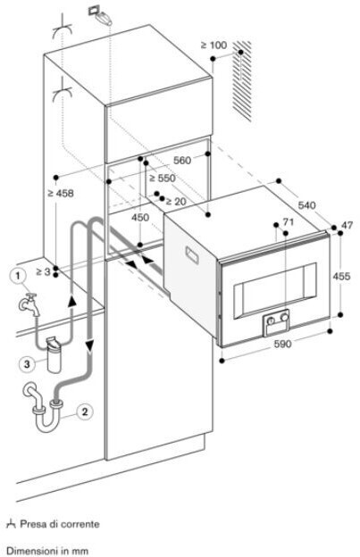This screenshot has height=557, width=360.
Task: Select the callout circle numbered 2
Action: click(x=84, y=412)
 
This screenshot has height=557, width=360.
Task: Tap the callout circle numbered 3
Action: click(x=27, y=364)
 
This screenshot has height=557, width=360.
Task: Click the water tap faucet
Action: click(x=29, y=304)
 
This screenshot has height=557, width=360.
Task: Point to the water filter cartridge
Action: click(x=54, y=354)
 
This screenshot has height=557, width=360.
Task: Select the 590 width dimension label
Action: click(x=282, y=344)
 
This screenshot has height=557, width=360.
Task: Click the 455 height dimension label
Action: click(x=341, y=276)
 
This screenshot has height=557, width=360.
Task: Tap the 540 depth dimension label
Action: click(x=306, y=205)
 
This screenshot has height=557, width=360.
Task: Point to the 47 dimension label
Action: click(x=347, y=225)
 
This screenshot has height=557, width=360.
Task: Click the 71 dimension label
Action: click(x=289, y=222)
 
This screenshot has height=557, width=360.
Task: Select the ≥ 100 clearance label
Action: click(x=213, y=46)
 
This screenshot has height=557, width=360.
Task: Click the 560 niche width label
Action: click(x=182, y=161)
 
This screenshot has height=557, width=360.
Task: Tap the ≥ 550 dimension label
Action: click(x=163, y=178)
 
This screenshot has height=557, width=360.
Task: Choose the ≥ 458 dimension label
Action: click(x=61, y=193)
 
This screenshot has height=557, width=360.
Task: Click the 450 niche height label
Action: click(x=140, y=217)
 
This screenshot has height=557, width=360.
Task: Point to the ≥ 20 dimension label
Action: click(x=176, y=202)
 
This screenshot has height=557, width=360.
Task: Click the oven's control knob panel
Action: click(x=276, y=322)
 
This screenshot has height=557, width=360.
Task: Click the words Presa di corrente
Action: click(x=60, y=524)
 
